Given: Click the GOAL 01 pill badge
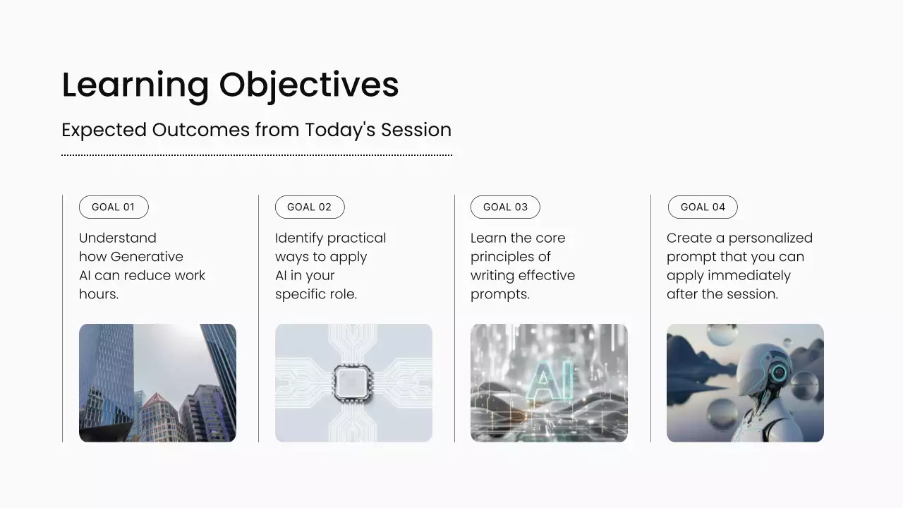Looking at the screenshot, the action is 114,207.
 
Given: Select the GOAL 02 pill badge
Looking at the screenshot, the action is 310,207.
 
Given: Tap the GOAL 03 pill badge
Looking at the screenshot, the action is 505,207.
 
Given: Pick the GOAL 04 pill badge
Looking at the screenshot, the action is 703,207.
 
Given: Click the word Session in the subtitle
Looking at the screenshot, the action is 416,130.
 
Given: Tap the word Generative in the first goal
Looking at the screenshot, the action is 147,257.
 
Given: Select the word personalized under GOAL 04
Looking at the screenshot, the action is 770,238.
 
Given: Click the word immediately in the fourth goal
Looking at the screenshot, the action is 749,276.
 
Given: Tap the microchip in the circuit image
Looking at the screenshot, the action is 352,382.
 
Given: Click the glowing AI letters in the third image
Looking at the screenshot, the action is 550,380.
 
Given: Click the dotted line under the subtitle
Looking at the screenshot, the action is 257,155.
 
